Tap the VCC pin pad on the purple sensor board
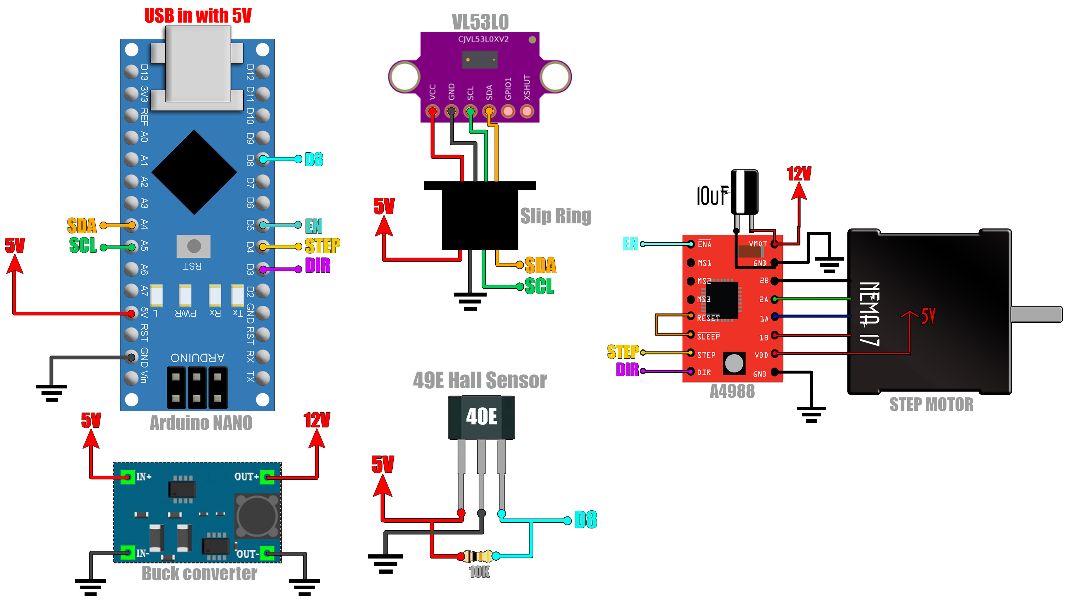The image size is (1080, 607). (x=432, y=112)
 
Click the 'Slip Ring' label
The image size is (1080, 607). (x=555, y=216)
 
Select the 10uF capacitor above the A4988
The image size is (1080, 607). (x=744, y=193)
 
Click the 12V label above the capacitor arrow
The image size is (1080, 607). (x=799, y=173)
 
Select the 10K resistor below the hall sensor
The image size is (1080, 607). (x=478, y=556)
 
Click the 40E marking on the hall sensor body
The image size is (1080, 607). (x=481, y=416)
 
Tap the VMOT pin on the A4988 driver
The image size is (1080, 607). (x=774, y=244)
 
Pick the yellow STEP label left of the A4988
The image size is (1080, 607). (x=623, y=352)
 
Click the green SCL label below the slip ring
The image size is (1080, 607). (x=539, y=287)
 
